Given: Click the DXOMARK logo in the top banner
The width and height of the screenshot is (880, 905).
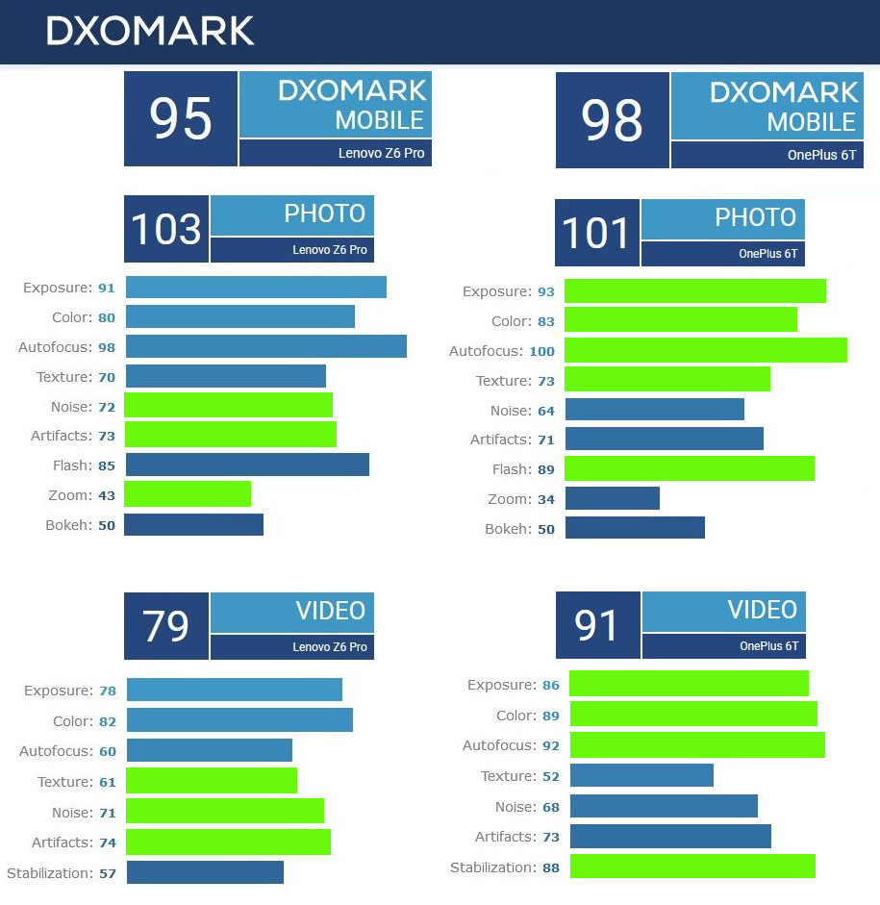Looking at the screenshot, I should coord(150,31).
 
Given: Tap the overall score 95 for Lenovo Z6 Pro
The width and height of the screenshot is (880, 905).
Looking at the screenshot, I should coord(181,118).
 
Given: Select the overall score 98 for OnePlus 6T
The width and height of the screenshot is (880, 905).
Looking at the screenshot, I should coord(612,121).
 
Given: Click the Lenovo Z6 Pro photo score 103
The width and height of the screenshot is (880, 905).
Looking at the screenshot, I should coord(165,229).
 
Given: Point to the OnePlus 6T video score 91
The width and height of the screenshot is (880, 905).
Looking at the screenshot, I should coord(597,625).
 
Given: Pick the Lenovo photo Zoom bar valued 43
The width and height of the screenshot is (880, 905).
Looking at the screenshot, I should coord(188,494).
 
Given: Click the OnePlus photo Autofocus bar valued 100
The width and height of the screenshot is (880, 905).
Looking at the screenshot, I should coord(705,350).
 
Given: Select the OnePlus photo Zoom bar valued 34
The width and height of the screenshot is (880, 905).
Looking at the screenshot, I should coord(612,498).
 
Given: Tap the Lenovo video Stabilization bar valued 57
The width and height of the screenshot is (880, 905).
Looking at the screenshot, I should coord(205,872).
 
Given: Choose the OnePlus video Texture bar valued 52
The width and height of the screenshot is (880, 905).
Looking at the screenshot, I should coord(641,775).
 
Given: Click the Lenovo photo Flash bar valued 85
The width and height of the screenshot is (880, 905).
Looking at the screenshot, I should coord(246,465).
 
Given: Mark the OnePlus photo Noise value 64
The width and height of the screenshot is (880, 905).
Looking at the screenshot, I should coord(546,411).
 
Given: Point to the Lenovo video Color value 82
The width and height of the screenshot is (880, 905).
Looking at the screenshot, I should coord(107,721).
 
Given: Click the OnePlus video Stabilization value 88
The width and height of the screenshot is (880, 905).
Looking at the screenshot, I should coord(551,868).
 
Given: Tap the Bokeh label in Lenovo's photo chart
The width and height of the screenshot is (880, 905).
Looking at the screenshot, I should coord(67,525).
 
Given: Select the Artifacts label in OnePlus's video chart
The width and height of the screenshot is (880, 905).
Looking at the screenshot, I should coord(504,837).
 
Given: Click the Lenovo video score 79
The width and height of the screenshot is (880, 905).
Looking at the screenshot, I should coord(165,625).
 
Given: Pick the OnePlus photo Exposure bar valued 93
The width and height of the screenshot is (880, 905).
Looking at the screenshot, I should coord(694,291).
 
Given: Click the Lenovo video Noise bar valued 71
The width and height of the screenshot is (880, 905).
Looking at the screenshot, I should coord(224,811).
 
